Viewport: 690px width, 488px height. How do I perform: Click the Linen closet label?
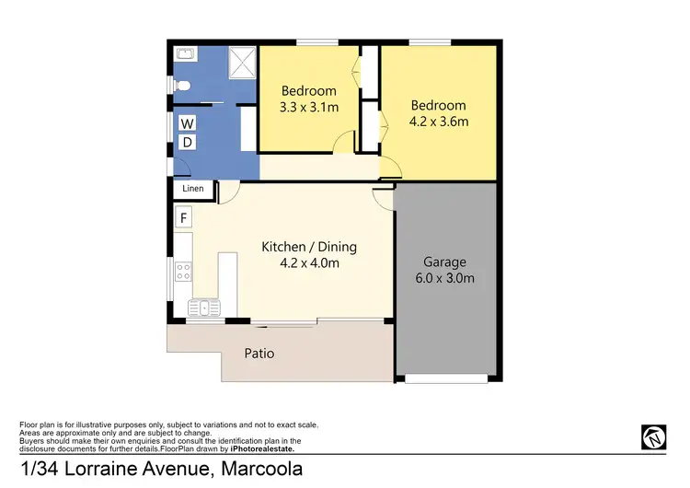point(193,189)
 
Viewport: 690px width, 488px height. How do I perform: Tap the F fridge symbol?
point(184,218)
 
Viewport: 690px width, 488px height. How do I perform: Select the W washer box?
point(187,123)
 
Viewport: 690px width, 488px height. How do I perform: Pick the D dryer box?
point(187,143)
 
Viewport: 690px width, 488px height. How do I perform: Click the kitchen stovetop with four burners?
point(183,271)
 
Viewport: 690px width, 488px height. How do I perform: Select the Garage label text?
point(445,261)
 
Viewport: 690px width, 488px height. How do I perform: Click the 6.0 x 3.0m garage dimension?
point(445,277)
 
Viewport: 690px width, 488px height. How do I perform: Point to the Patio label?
point(259,353)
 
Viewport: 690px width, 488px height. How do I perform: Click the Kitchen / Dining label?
point(309,247)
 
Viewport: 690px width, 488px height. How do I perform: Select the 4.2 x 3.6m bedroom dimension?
point(438,122)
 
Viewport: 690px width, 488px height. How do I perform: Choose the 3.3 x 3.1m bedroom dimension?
point(309,107)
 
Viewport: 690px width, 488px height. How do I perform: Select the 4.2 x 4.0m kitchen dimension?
point(309,263)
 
